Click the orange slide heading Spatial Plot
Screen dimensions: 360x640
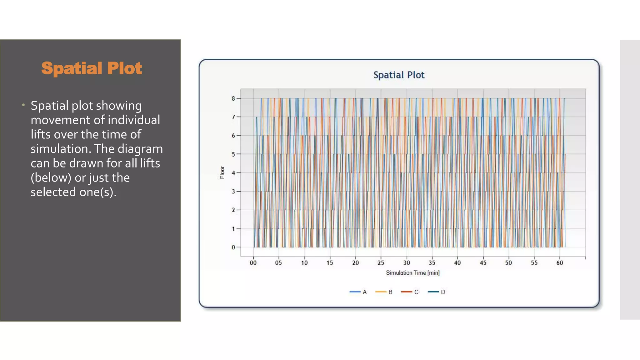coord(92,68)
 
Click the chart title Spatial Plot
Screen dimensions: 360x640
coord(399,75)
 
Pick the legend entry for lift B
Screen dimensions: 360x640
coord(384,292)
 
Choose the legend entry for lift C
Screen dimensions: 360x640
coord(410,292)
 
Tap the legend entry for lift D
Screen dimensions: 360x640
coord(437,292)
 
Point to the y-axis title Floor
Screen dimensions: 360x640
coord(222,172)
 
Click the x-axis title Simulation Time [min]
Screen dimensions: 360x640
coord(412,273)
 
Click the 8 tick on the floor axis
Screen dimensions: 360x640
coord(233,98)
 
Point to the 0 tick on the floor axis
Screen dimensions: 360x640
coord(233,247)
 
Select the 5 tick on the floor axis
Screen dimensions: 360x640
coord(233,154)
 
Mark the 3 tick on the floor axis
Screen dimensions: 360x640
coord(233,191)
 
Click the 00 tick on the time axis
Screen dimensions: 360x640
coord(253,263)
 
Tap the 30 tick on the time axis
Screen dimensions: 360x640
coord(407,263)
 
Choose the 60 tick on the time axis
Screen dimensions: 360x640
coord(560,263)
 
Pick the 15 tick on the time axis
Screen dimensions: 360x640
coord(330,263)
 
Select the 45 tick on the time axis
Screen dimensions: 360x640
coord(483,263)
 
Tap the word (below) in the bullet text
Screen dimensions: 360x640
coord(51,177)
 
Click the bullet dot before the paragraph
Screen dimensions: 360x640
coord(23,105)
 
